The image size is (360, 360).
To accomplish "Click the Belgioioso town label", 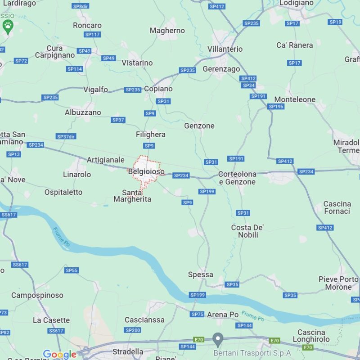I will (x=146, y=172).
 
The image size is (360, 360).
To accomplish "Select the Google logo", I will (x=59, y=355).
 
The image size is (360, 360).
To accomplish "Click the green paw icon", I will (x=8, y=27).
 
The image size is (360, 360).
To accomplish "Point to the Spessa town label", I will (x=201, y=274).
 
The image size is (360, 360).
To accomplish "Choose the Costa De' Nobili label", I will (x=247, y=231).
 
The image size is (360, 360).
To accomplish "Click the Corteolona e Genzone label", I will (x=237, y=178).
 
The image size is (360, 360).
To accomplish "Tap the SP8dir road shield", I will (x=81, y=6).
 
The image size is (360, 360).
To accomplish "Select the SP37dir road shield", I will (x=66, y=136).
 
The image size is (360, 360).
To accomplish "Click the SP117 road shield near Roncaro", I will (x=92, y=35).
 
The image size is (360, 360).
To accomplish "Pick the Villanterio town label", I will (x=225, y=49).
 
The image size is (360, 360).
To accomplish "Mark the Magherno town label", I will (x=167, y=31).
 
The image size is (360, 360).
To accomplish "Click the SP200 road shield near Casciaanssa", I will (x=133, y=330).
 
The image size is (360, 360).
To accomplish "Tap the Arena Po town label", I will (x=223, y=315).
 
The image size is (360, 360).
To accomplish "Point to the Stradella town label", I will (x=127, y=351).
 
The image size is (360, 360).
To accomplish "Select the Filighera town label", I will (x=151, y=135).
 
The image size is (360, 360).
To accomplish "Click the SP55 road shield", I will (x=72, y=270).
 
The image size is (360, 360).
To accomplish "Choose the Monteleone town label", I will (x=295, y=99).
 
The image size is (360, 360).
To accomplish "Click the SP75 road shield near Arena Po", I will (x=198, y=315).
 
